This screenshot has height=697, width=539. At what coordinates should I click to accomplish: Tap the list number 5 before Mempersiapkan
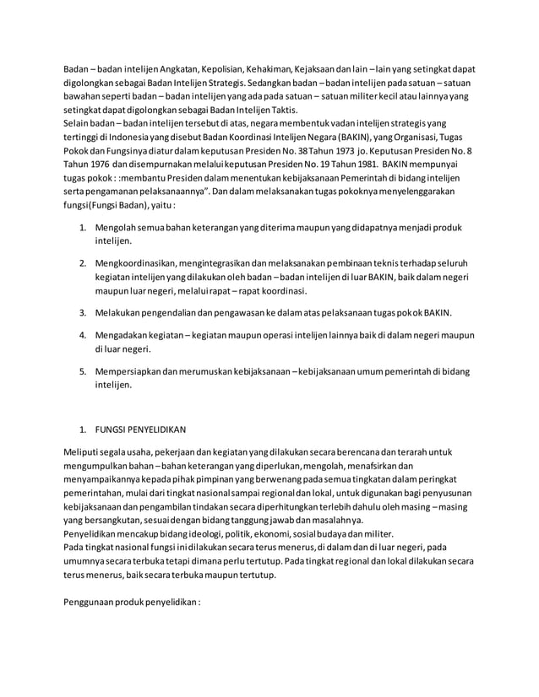point(83,370)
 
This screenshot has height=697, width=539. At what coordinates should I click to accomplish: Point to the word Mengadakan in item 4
point(123,335)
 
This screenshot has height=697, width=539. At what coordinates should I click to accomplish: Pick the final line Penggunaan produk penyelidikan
point(133,604)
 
